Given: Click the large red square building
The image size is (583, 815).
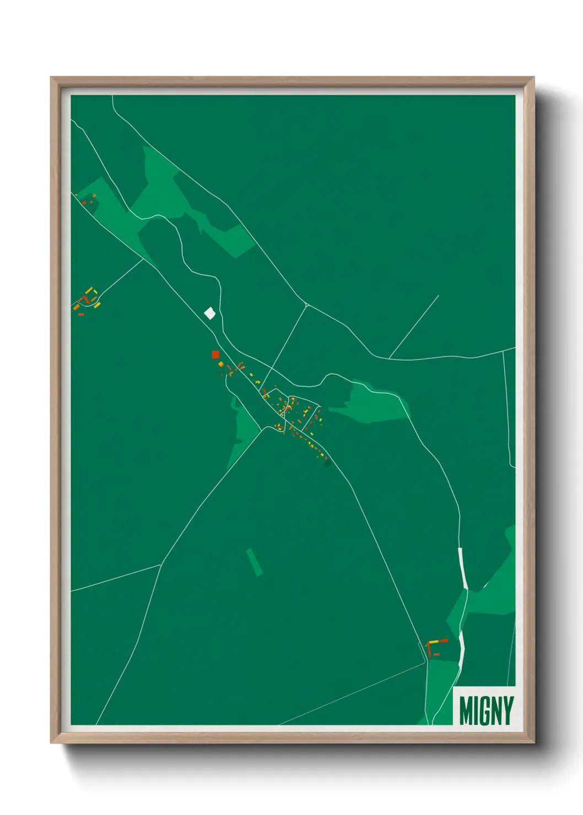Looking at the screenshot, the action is tap(215, 355).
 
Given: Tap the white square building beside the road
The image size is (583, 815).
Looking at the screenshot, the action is tap(209, 313).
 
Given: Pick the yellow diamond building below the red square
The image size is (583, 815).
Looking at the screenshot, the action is tap(220, 364).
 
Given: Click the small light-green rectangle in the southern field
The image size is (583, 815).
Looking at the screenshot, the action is tap(255, 562).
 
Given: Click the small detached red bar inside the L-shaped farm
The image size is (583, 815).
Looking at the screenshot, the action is tap(436, 654).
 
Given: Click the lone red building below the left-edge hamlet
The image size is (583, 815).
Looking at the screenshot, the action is tap(81, 314).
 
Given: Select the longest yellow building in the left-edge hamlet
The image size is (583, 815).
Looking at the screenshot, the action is tap(88, 290).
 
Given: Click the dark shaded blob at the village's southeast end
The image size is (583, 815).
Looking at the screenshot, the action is tap(328, 464).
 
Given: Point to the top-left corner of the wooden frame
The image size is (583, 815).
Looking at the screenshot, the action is tap(51, 78).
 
